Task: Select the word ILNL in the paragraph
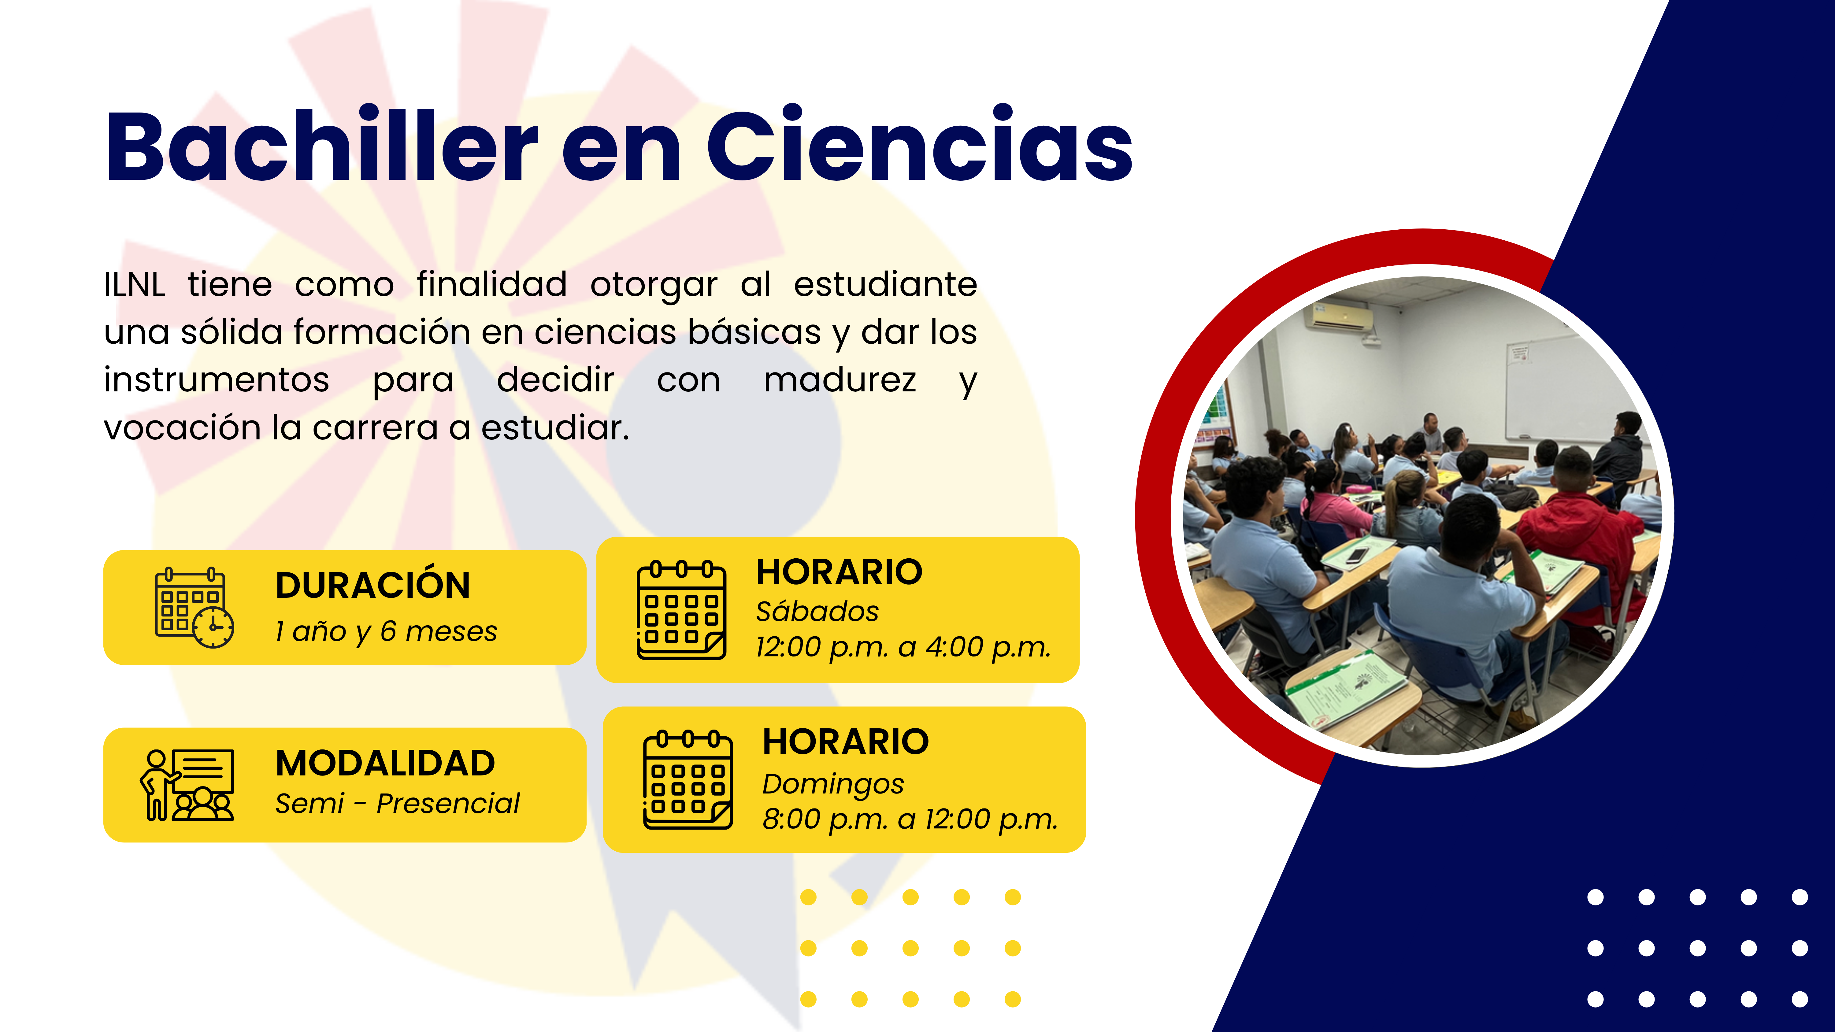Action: tap(134, 285)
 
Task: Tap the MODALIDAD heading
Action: tap(385, 763)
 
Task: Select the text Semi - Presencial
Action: tap(398, 803)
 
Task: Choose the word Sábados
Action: tap(817, 611)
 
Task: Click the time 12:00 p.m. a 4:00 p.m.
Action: tap(903, 647)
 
